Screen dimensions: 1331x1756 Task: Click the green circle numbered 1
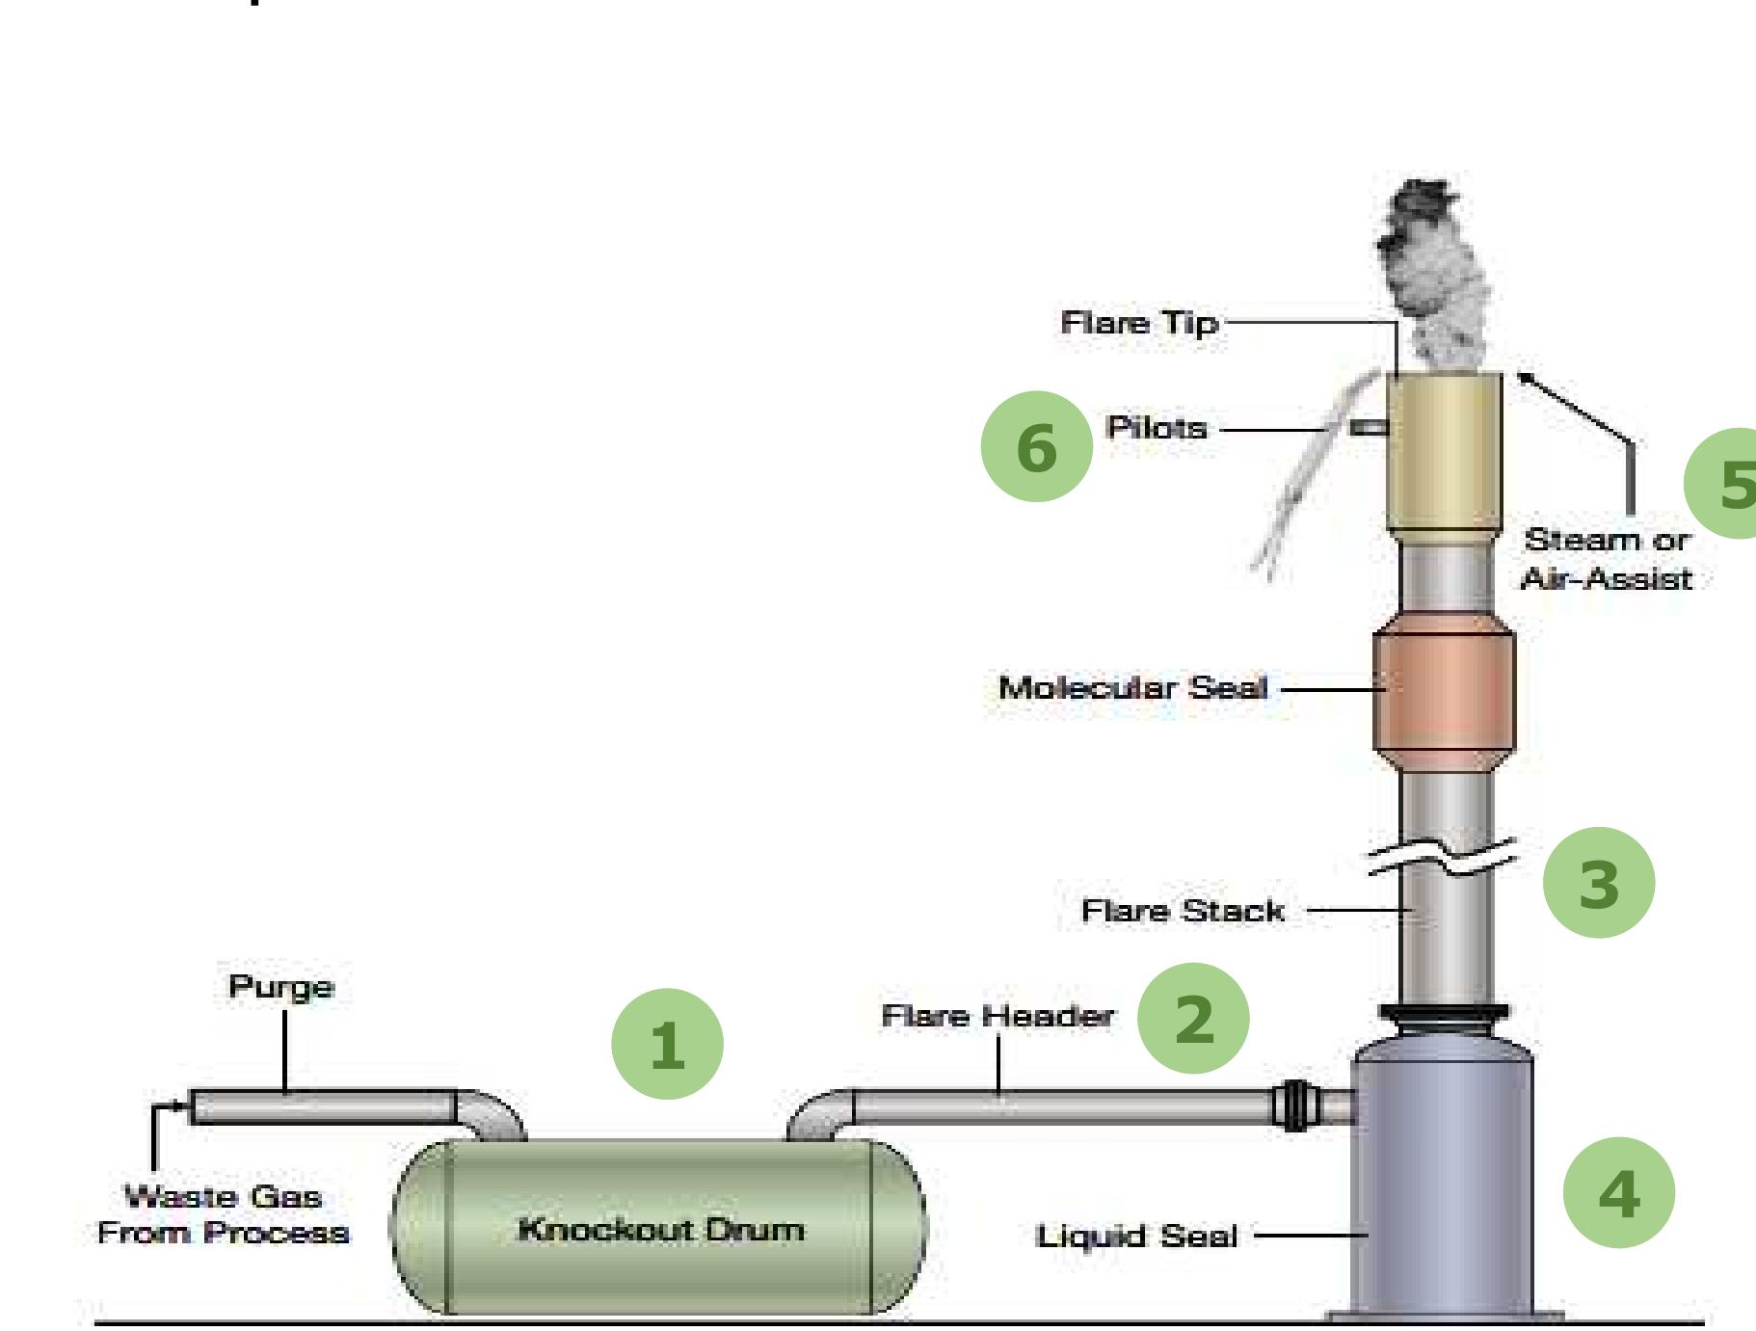(667, 1045)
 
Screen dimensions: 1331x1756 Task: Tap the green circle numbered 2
(1193, 1019)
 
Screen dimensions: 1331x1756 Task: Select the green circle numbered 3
(1598, 883)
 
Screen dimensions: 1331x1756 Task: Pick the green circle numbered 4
(1618, 1193)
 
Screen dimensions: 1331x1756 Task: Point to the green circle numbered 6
(1036, 446)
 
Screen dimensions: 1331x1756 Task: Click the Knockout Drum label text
(661, 1230)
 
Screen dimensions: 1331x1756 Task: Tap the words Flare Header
(998, 1016)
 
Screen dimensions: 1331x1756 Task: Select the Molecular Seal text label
(1132, 688)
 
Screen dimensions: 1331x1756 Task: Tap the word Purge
(280, 987)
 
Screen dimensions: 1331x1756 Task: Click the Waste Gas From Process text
(223, 1214)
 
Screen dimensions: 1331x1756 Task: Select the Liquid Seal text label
(1135, 1237)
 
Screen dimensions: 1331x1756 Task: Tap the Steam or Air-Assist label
(1606, 559)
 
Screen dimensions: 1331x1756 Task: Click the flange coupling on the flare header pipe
(1294, 1105)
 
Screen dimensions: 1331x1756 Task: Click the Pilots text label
(1156, 428)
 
